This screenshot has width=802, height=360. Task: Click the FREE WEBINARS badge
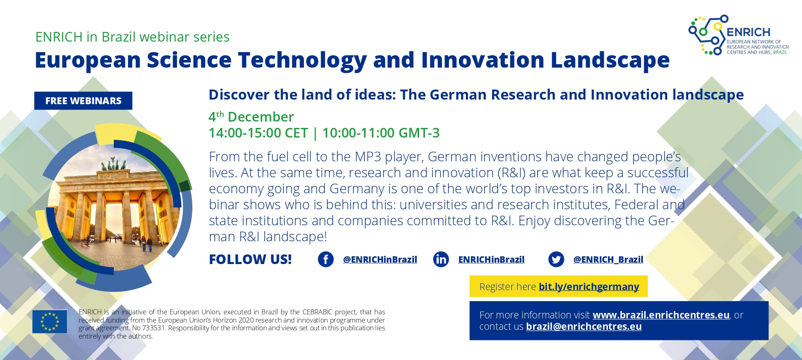tap(83, 101)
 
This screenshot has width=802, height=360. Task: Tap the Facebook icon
tap(326, 259)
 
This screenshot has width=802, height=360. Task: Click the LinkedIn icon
tap(441, 259)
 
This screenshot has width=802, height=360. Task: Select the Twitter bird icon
tap(556, 259)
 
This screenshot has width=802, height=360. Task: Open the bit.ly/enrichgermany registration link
tap(589, 286)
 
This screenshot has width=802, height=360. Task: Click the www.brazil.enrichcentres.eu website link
tap(661, 315)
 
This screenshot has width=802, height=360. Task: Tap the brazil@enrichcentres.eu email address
tap(584, 327)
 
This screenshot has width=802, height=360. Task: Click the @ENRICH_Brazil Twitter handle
tap(608, 259)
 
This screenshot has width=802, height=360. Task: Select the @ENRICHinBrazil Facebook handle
tap(380, 259)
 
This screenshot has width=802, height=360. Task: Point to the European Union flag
tap(50, 321)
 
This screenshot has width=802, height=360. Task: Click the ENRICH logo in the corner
tap(738, 35)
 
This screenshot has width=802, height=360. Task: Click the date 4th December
tap(251, 116)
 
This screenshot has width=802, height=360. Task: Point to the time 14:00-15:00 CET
tap(258, 133)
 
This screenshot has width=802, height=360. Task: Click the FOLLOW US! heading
tap(250, 259)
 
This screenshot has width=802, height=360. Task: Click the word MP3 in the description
tap(367, 157)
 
